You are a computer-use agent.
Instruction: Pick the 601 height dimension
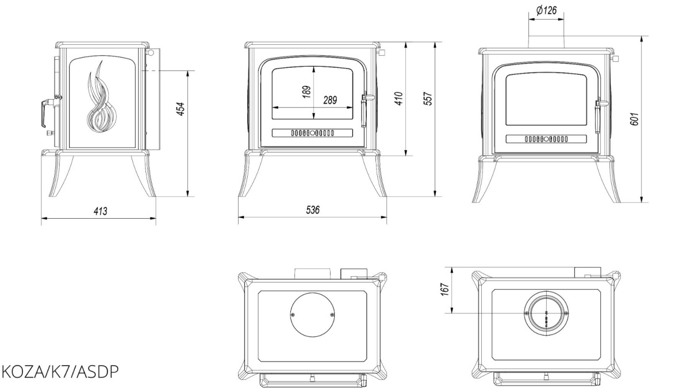coord(633,119)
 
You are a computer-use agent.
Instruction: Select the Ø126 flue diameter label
coord(546,10)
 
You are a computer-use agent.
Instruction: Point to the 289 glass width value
coord(329,100)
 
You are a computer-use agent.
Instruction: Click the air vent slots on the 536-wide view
coord(312,134)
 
